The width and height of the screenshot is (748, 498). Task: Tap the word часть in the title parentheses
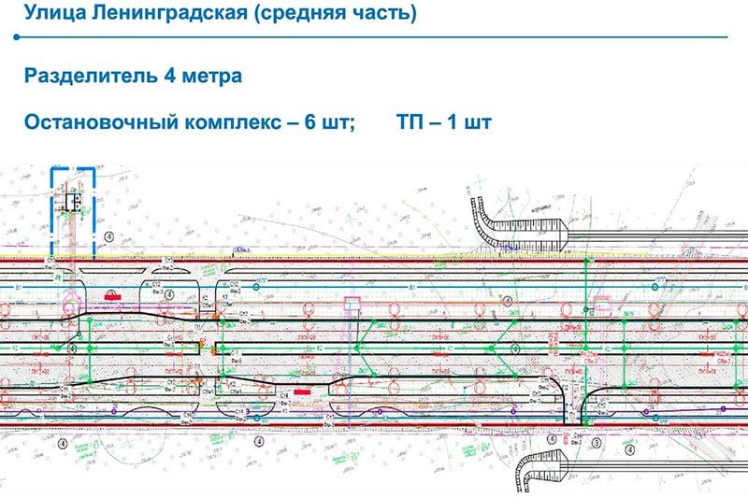380,15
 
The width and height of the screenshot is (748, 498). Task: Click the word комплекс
229,122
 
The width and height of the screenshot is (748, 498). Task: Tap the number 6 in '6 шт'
308,122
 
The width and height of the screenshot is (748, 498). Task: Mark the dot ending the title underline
17,38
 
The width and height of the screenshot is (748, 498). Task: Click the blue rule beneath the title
374,38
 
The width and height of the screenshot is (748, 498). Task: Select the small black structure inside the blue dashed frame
71,200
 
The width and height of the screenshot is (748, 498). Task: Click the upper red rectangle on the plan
111,294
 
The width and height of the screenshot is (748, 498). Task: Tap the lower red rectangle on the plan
303,392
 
